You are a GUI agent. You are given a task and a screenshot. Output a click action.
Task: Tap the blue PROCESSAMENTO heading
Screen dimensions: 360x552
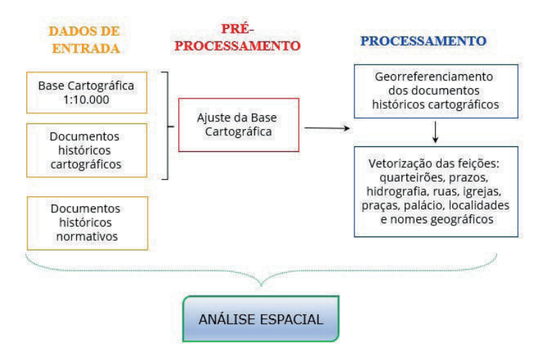pyautogui.click(x=423, y=40)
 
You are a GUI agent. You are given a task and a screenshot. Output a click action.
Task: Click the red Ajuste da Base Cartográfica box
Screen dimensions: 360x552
pyautogui.click(x=239, y=123)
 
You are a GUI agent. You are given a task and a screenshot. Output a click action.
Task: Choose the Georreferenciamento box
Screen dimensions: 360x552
pyautogui.click(x=436, y=91)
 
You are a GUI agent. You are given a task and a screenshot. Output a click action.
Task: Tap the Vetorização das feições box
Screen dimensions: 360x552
pyautogui.click(x=436, y=191)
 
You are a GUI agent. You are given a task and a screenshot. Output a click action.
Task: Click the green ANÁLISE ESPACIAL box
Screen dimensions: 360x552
pyautogui.click(x=261, y=320)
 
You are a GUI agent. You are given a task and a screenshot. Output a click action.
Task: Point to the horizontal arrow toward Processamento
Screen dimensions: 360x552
pyautogui.click(x=326, y=128)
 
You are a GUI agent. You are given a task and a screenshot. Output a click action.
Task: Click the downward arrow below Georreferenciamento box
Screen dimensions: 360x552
pyautogui.click(x=435, y=132)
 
